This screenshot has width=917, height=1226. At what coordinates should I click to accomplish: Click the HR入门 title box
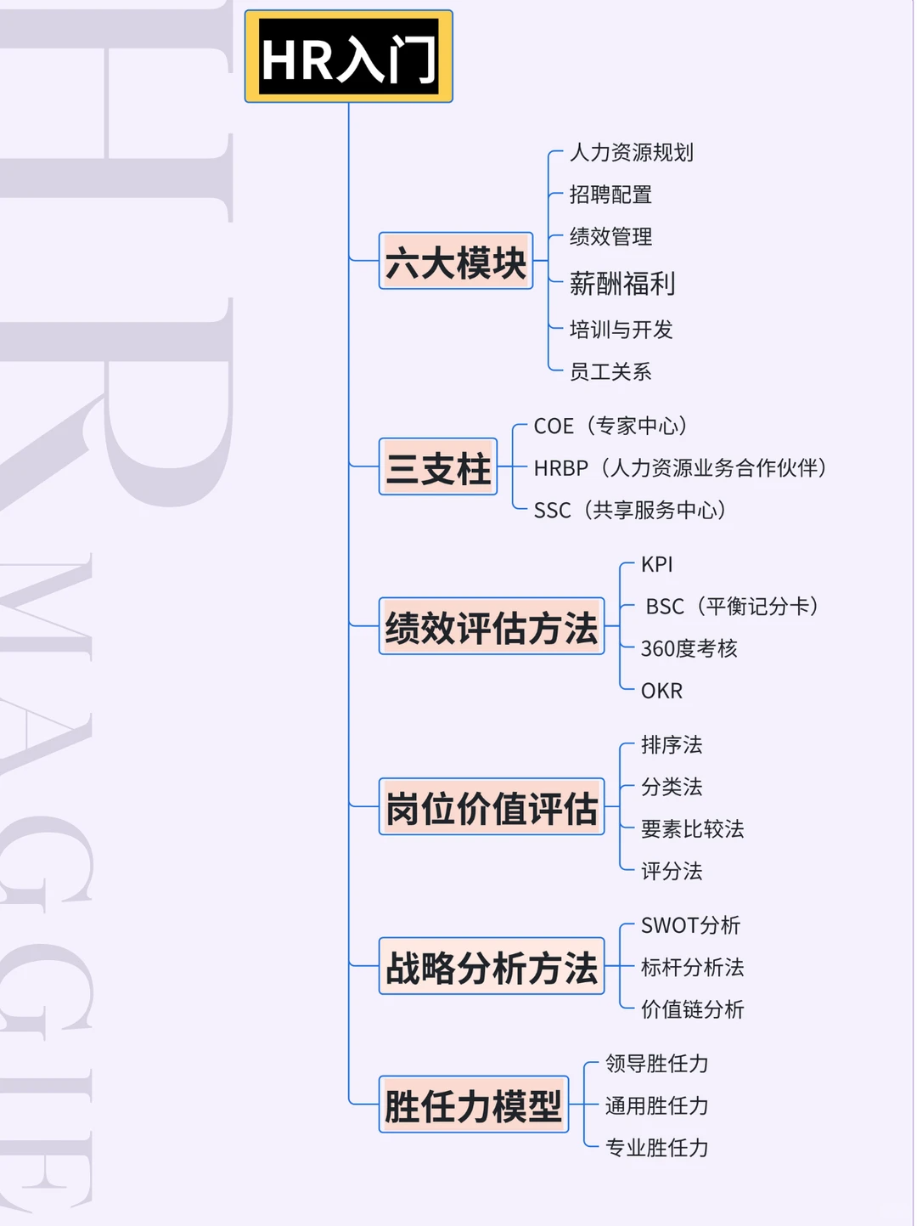[349, 56]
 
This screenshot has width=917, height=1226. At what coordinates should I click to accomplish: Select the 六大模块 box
[456, 261]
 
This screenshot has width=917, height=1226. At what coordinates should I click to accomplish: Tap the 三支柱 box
[438, 466]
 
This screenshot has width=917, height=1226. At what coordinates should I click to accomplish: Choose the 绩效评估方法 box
[492, 625]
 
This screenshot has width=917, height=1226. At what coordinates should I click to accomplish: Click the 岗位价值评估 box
[492, 806]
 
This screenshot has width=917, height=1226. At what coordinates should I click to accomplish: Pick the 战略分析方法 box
[492, 966]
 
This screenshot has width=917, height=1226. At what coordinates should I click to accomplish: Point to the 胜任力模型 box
[474, 1105]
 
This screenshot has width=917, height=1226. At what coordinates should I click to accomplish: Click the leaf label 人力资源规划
[631, 152]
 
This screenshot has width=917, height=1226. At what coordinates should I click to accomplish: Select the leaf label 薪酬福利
[622, 283]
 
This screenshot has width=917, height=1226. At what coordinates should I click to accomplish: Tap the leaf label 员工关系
[610, 371]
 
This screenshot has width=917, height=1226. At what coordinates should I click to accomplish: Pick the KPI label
[657, 565]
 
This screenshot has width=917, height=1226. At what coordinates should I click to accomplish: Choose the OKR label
[662, 691]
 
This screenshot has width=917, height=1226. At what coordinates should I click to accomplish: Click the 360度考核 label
[689, 648]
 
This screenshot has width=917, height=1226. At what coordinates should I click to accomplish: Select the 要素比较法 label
[693, 829]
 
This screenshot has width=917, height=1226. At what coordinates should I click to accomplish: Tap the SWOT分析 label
[690, 925]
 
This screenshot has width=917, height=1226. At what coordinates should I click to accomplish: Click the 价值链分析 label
[693, 1009]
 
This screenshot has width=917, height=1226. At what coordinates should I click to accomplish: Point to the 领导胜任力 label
[657, 1064]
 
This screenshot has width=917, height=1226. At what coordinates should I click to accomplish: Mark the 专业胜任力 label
[657, 1148]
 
